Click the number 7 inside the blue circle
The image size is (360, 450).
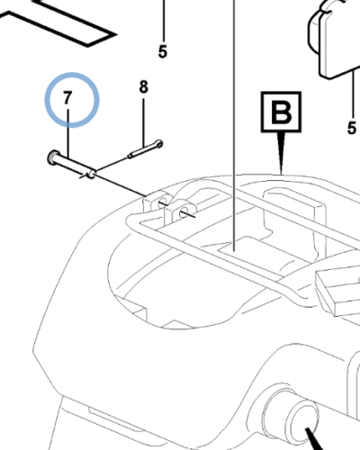[67, 98]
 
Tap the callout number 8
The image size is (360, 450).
[143, 87]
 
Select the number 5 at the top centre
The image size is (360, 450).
[162, 51]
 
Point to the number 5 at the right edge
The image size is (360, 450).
[352, 128]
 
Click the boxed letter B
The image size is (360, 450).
[281, 112]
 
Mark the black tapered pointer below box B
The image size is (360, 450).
[281, 153]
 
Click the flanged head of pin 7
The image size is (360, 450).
[52, 157]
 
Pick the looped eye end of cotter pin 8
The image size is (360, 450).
[159, 144]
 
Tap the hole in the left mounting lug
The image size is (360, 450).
[162, 203]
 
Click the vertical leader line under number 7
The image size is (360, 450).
[68, 133]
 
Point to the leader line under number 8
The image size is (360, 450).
[143, 122]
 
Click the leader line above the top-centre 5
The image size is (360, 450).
[164, 21]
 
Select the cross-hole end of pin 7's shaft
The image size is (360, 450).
[91, 175]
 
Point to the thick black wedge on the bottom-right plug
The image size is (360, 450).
[314, 439]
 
